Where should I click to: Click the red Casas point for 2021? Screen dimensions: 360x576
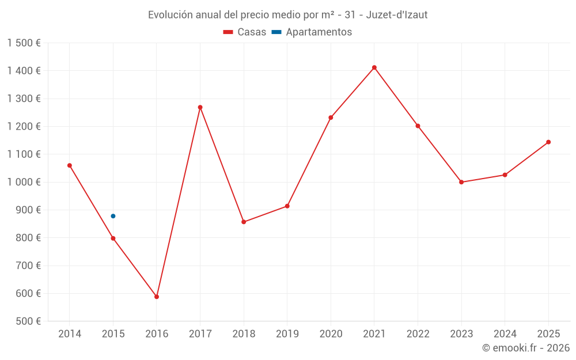(x=374, y=67)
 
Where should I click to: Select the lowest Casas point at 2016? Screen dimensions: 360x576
(x=157, y=297)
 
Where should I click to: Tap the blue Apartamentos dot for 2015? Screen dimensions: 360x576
(x=113, y=216)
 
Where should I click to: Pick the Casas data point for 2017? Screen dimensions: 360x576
(x=200, y=107)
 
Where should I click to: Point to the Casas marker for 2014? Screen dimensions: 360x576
(x=70, y=165)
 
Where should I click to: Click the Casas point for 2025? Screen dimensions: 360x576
(x=548, y=142)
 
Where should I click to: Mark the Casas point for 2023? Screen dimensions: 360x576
(x=461, y=182)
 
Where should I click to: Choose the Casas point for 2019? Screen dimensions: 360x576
(x=287, y=206)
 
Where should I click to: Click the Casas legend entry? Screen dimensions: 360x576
(x=245, y=32)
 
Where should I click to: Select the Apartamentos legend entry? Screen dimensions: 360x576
(x=312, y=32)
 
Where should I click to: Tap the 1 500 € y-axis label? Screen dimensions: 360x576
(x=24, y=43)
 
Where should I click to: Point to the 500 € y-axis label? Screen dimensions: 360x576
(x=27, y=321)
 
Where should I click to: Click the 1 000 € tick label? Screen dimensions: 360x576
(x=24, y=182)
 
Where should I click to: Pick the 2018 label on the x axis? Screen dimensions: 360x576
(x=244, y=334)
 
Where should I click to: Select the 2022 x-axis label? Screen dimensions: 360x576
(x=418, y=334)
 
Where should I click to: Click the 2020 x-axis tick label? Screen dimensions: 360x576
(x=331, y=334)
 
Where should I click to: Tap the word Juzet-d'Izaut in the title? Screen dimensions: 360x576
(x=397, y=15)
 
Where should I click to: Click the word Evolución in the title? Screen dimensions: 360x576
(x=170, y=15)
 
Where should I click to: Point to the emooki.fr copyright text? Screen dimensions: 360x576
(x=526, y=348)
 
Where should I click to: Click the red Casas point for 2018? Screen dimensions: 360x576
(x=244, y=222)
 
